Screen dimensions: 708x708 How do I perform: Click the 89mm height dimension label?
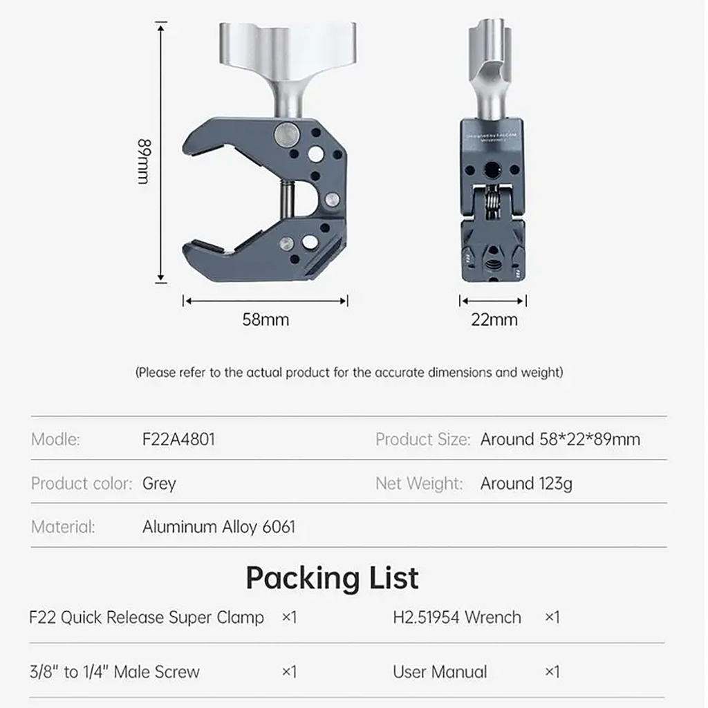(143, 161)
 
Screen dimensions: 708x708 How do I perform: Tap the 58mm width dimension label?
(265, 319)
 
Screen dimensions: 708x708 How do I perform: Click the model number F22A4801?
(178, 439)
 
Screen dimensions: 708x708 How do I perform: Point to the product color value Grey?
(159, 483)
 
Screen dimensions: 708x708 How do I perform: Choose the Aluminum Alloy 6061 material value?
(218, 527)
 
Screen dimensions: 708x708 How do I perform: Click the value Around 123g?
(526, 483)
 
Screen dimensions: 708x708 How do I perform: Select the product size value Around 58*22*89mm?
(560, 439)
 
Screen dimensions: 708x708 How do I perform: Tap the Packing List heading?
(332, 577)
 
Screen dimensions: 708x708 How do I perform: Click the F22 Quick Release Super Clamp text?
(147, 617)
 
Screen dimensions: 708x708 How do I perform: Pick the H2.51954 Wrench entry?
(457, 617)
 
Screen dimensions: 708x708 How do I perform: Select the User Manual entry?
(440, 671)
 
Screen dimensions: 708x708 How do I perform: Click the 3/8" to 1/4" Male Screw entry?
(115, 671)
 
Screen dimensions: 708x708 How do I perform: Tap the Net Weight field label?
(419, 483)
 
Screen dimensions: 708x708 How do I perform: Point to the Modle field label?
(55, 439)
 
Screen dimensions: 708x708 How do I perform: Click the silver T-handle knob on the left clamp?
(288, 48)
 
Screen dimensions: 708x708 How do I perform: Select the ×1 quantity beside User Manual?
(552, 671)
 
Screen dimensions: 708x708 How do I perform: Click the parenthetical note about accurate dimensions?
(349, 373)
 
